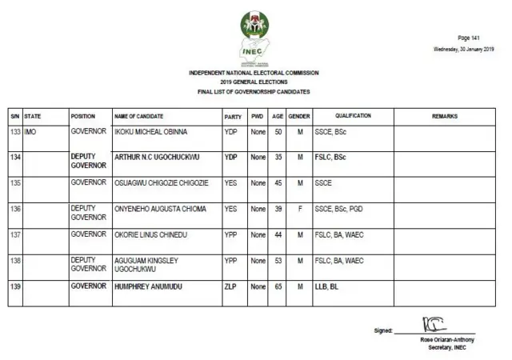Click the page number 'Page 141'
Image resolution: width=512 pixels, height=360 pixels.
click(468, 38)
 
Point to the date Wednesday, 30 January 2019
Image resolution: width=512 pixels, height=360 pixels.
click(464, 50)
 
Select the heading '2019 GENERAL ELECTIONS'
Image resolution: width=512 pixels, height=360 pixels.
click(254, 82)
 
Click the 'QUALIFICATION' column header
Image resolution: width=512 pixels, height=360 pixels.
click(353, 117)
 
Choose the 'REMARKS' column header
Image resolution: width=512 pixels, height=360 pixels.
click(445, 117)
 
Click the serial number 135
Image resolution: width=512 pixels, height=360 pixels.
click(14, 183)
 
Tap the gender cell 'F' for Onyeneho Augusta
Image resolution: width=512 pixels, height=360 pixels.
click(299, 209)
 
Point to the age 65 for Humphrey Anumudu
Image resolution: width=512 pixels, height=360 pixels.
click(277, 286)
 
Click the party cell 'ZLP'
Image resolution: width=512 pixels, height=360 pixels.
click(230, 286)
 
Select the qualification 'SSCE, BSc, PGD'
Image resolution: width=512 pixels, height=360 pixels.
click(341, 209)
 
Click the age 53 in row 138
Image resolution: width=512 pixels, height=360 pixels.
click(277, 260)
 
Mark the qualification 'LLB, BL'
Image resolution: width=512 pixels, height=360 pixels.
click(326, 286)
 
